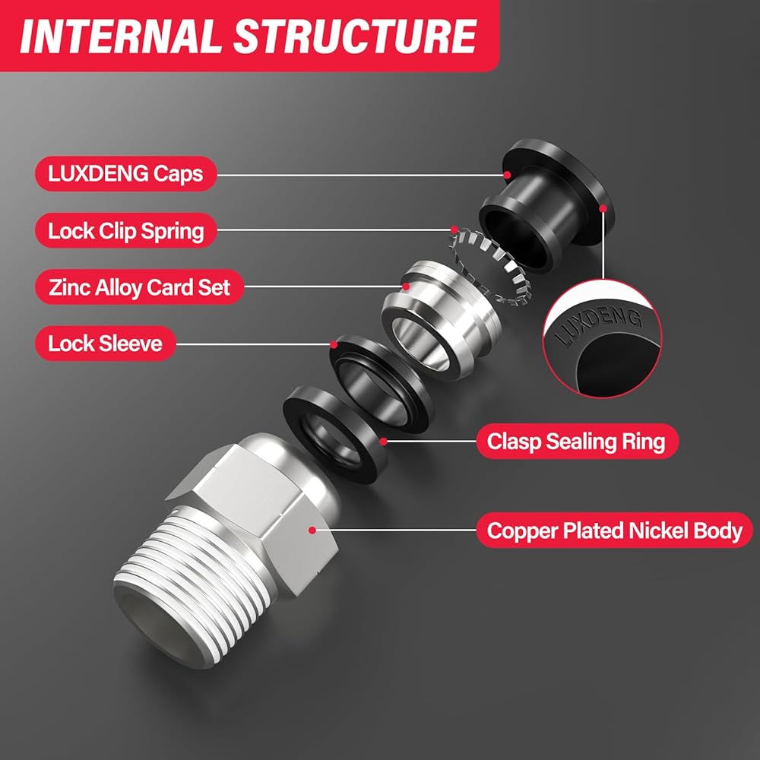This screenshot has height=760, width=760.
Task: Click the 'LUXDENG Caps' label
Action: tap(125, 173)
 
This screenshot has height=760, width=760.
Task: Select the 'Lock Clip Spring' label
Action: tap(125, 231)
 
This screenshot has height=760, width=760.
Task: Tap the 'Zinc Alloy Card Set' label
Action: tap(139, 287)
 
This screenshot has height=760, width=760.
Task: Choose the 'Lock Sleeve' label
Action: tap(105, 344)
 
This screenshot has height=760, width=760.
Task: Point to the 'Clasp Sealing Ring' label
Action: tap(577, 442)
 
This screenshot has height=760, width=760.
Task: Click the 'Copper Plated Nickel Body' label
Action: tap(615, 530)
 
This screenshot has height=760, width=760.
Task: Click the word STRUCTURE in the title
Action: tap(355, 36)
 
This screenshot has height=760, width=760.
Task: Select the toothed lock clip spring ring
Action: tap(489, 267)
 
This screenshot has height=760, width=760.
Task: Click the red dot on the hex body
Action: tap(312, 530)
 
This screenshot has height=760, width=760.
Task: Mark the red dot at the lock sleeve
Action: tap(334, 344)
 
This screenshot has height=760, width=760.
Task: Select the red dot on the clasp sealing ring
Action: tap(383, 442)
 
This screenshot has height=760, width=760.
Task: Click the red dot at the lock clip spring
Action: tap(454, 230)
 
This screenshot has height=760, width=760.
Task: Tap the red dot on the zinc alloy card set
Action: tap(406, 287)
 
